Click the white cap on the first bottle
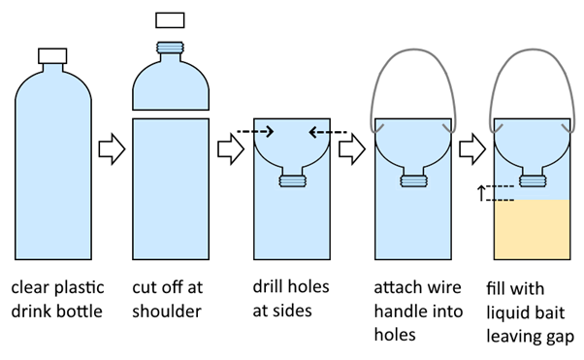pyautogui.click(x=52, y=56)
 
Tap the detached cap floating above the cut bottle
pyautogui.click(x=170, y=20)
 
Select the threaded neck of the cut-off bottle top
pyautogui.click(x=170, y=48)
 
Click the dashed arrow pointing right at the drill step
pyautogui.click(x=255, y=132)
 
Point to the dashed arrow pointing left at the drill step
pyautogui.click(x=328, y=132)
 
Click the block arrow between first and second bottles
pyautogui.click(x=112, y=149)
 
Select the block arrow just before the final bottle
pyautogui.click(x=472, y=149)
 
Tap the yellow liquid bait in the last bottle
pyautogui.click(x=532, y=230)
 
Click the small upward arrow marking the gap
pyautogui.click(x=481, y=193)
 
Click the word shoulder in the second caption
pyautogui.click(x=167, y=311)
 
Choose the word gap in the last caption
pyautogui.click(x=560, y=338)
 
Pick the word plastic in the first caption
pyautogui.click(x=80, y=287)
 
